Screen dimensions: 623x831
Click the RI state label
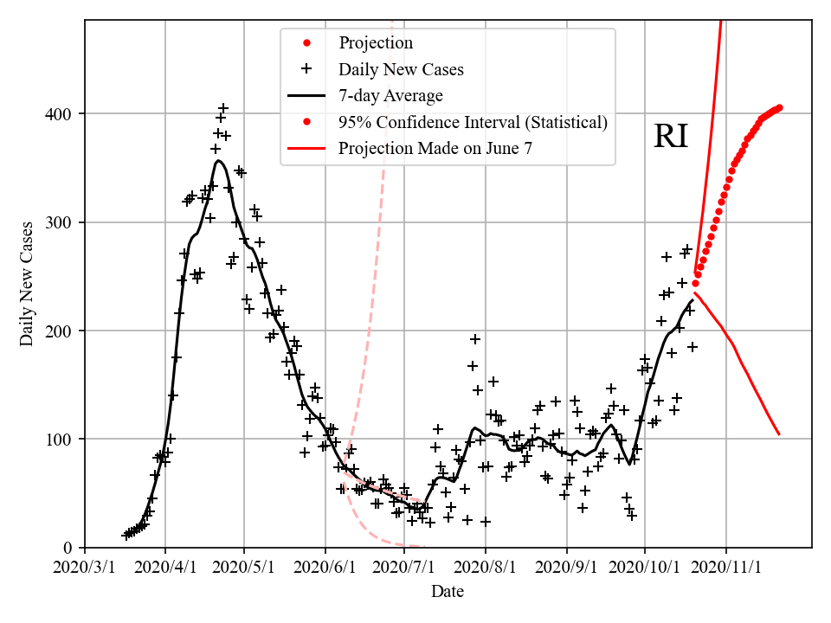coord(671,137)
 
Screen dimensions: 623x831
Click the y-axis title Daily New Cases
coord(27,284)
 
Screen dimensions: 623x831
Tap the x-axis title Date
coord(448,592)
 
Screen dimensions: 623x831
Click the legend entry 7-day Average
coord(390,95)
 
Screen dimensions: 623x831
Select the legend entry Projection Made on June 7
coord(435,148)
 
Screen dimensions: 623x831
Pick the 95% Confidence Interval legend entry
coord(473,122)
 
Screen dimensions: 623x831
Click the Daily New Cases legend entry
coord(401,69)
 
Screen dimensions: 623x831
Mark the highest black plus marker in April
coord(223,108)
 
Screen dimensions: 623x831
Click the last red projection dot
coord(779,108)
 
